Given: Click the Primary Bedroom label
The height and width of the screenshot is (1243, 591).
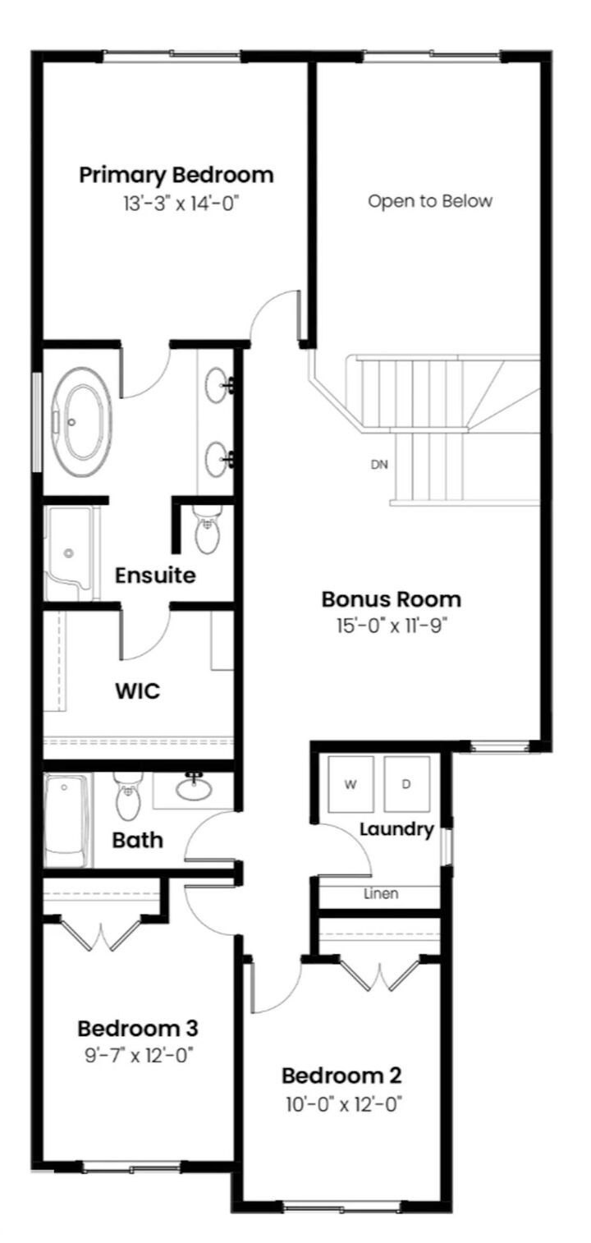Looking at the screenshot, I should pos(176,175).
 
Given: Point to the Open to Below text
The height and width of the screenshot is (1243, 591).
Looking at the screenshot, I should pos(430,201).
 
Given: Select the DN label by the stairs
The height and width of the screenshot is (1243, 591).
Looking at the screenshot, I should pos(379,465).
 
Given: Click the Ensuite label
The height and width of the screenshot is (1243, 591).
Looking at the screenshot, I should pos(155,575).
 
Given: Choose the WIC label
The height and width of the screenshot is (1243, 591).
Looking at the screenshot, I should pos(137,690).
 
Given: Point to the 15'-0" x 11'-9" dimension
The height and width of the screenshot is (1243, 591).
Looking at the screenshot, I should pos(391,625).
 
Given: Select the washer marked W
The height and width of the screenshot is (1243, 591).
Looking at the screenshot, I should pos(350,784).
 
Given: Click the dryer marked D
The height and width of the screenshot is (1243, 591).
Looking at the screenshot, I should pos(405,784).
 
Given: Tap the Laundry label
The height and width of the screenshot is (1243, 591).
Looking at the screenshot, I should pos(396,829).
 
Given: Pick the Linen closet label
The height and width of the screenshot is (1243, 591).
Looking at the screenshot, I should pos(381,893).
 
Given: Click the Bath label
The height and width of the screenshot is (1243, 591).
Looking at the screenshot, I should pos(137,840).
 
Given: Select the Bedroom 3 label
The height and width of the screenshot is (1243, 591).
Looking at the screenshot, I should pos(137,1027).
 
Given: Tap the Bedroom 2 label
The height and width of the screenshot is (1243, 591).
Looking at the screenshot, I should pos(341,1075).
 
